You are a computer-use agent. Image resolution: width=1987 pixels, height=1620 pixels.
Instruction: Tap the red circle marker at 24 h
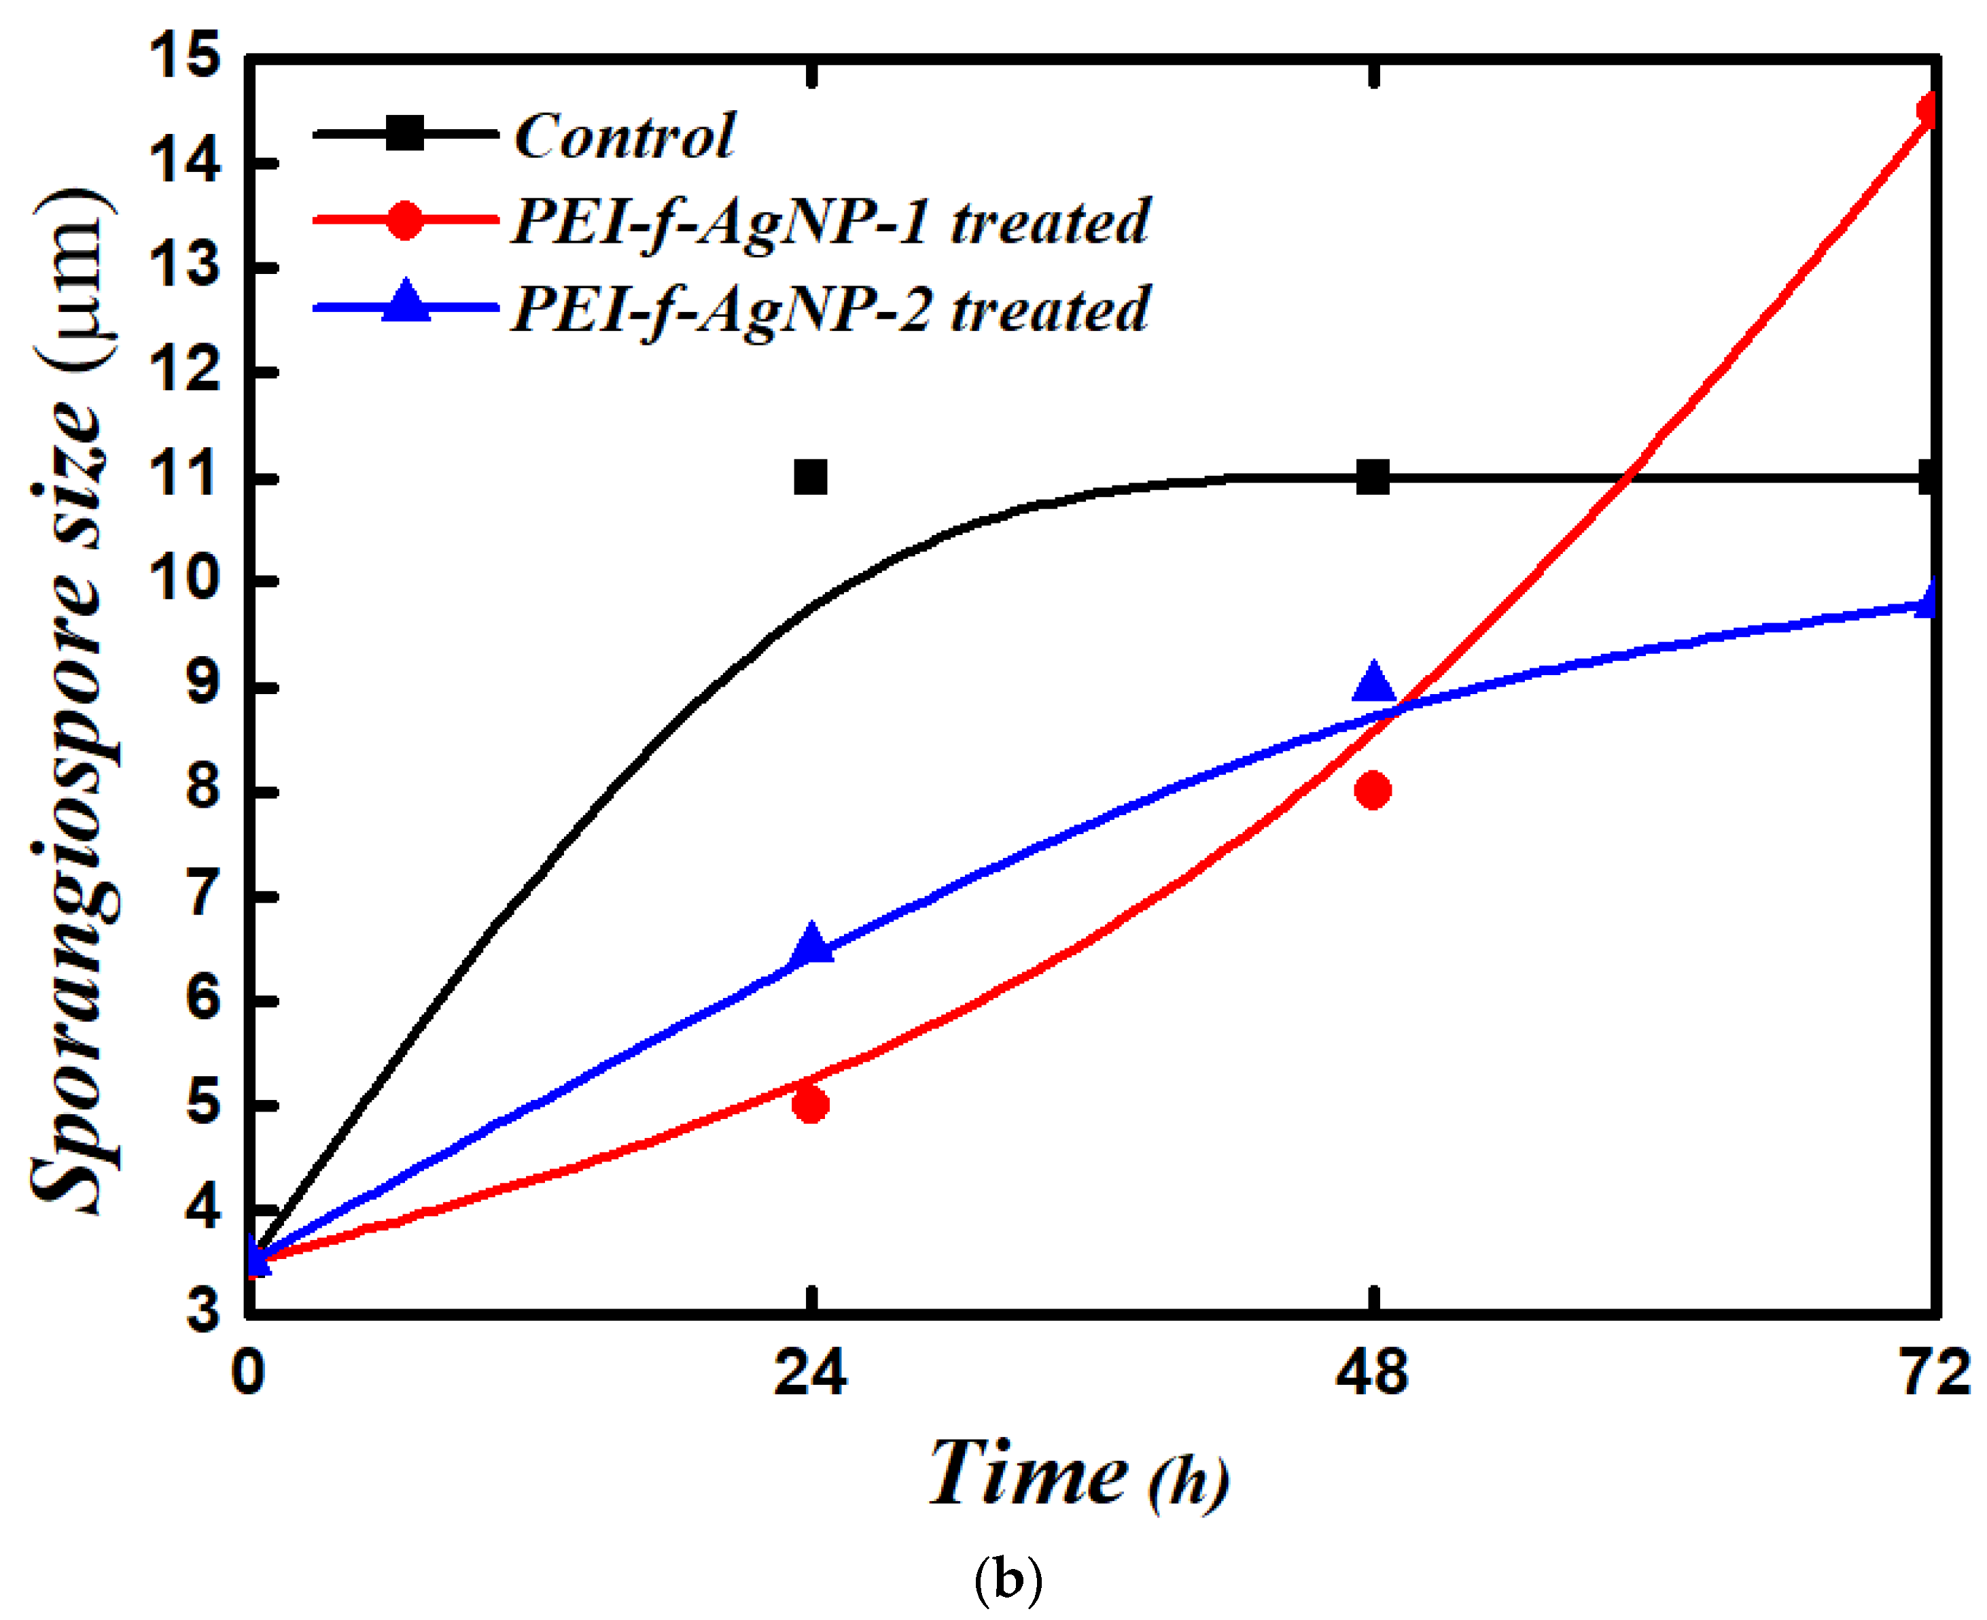coord(810,1105)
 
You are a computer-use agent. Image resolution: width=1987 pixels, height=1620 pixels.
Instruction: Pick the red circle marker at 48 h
coord(1372,791)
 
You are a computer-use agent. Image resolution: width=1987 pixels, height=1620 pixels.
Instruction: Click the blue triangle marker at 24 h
coord(811,942)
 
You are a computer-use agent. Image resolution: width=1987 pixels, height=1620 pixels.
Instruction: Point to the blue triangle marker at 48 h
coord(1372,683)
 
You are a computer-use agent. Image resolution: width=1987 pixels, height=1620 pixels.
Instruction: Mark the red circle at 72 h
coord(1927,110)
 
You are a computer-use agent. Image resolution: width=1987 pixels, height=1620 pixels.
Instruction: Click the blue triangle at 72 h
coord(1927,598)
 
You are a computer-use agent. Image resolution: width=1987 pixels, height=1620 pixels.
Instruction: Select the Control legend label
coord(624,136)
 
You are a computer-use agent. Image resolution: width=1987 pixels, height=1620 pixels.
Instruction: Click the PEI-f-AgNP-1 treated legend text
coord(829,222)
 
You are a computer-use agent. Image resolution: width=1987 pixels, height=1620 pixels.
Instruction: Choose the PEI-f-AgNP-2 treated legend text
coord(829,309)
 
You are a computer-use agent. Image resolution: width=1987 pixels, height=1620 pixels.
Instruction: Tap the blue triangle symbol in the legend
coord(406,303)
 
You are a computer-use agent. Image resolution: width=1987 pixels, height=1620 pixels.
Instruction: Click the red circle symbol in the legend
coord(405,220)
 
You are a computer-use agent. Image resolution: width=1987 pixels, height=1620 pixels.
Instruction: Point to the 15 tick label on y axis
coord(185,56)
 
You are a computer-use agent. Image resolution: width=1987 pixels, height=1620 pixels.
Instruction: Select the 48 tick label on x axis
coord(1371,1373)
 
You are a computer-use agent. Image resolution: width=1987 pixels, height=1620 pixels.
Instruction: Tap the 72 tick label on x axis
coord(1935,1373)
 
